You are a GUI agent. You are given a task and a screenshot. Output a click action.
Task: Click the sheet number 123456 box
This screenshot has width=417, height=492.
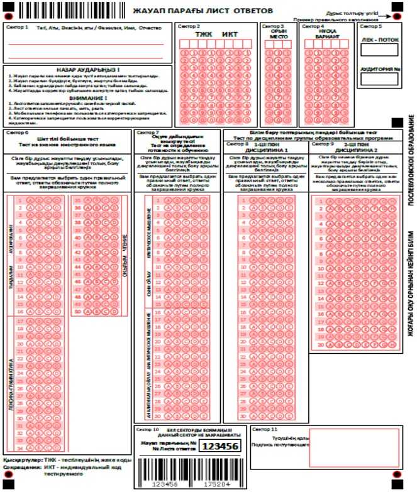point(223,446)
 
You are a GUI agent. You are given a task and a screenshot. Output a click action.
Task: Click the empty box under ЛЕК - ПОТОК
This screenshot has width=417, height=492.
point(379,50)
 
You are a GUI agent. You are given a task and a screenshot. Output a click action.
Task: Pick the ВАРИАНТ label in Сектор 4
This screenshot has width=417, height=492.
point(325,38)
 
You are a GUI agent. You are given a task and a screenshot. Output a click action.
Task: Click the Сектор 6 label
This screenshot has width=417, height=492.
point(16,133)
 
